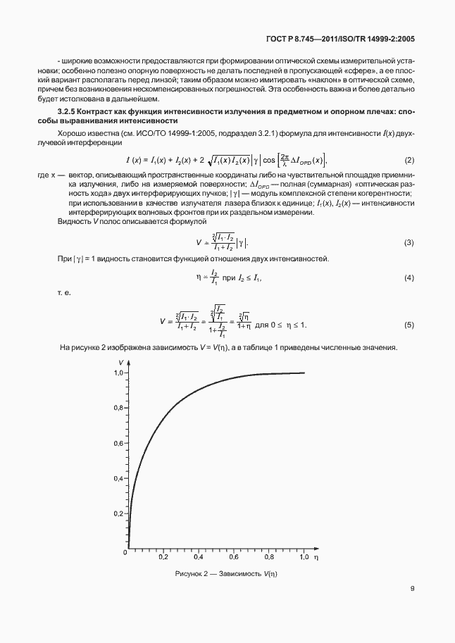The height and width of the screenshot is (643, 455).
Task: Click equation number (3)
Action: (x=409, y=243)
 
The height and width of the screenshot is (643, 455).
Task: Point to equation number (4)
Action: (x=409, y=278)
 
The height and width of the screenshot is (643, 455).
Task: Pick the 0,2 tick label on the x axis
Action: (x=163, y=557)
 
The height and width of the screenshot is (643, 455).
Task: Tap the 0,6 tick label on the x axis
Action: (x=233, y=557)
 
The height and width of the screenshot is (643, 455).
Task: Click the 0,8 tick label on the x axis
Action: (x=268, y=557)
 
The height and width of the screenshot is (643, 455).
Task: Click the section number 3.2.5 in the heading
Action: (x=67, y=113)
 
